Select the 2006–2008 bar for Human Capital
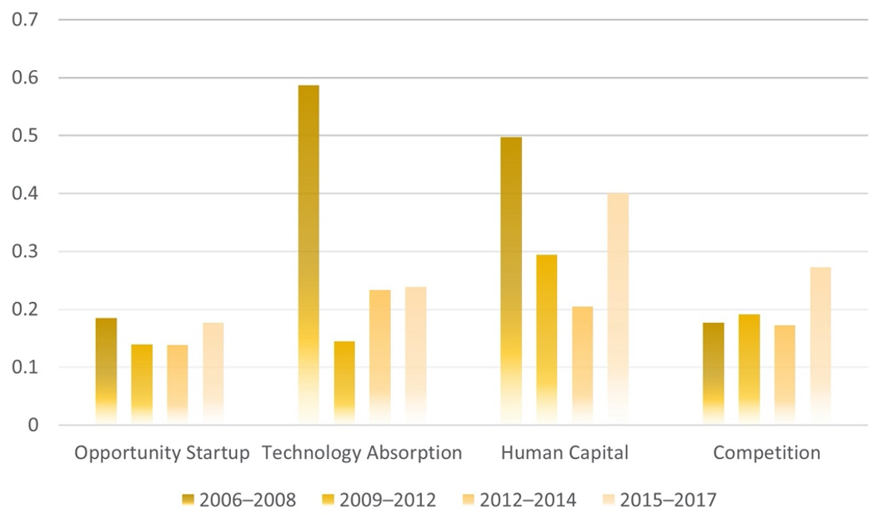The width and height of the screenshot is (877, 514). point(511,280)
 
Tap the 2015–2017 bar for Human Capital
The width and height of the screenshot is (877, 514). point(619,309)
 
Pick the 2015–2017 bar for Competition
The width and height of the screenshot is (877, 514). point(820,345)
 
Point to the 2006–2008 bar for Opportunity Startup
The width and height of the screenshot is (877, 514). point(106,371)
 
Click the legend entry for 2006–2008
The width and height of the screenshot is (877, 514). point(239,500)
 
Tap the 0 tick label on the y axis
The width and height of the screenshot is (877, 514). point(33,426)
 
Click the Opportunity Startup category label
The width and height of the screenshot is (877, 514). point(161,454)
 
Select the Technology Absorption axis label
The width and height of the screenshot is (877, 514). point(362,454)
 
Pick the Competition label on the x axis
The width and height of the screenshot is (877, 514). point(767,454)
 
